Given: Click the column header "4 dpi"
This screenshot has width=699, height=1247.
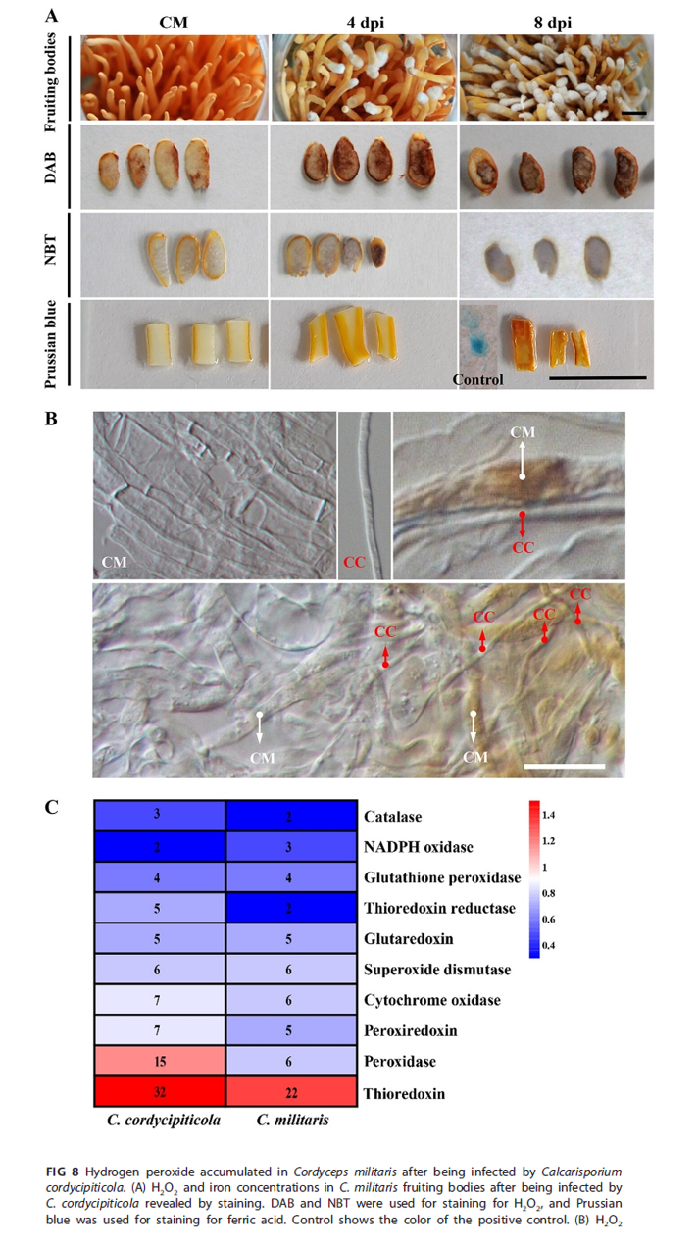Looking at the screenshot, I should (366, 20).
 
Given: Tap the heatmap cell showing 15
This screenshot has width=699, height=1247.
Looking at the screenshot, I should (160, 1060).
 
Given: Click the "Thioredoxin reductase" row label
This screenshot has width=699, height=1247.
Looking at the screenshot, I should (438, 908).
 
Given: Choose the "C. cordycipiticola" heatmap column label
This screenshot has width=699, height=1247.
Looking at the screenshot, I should (160, 1118).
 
